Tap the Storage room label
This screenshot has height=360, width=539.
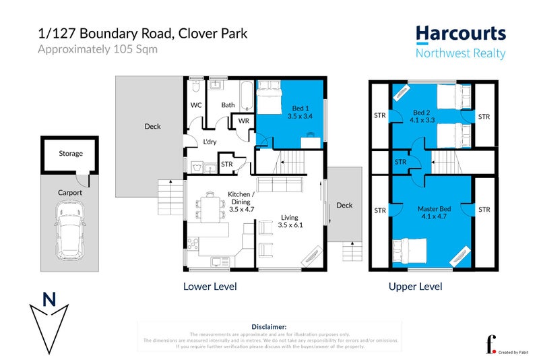[70, 154]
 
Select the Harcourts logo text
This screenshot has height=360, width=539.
[460, 34]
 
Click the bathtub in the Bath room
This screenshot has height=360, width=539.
[245, 97]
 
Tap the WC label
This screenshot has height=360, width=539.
[196, 105]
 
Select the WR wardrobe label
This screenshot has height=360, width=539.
[242, 121]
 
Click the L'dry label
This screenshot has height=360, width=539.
[210, 142]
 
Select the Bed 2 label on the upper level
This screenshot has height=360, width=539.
[422, 112]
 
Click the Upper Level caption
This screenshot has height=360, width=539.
[415, 287]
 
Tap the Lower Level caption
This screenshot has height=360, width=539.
[210, 287]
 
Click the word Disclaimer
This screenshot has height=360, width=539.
[269, 326]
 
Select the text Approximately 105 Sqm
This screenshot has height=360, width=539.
[97, 49]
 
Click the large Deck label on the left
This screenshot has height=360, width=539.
[152, 126]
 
